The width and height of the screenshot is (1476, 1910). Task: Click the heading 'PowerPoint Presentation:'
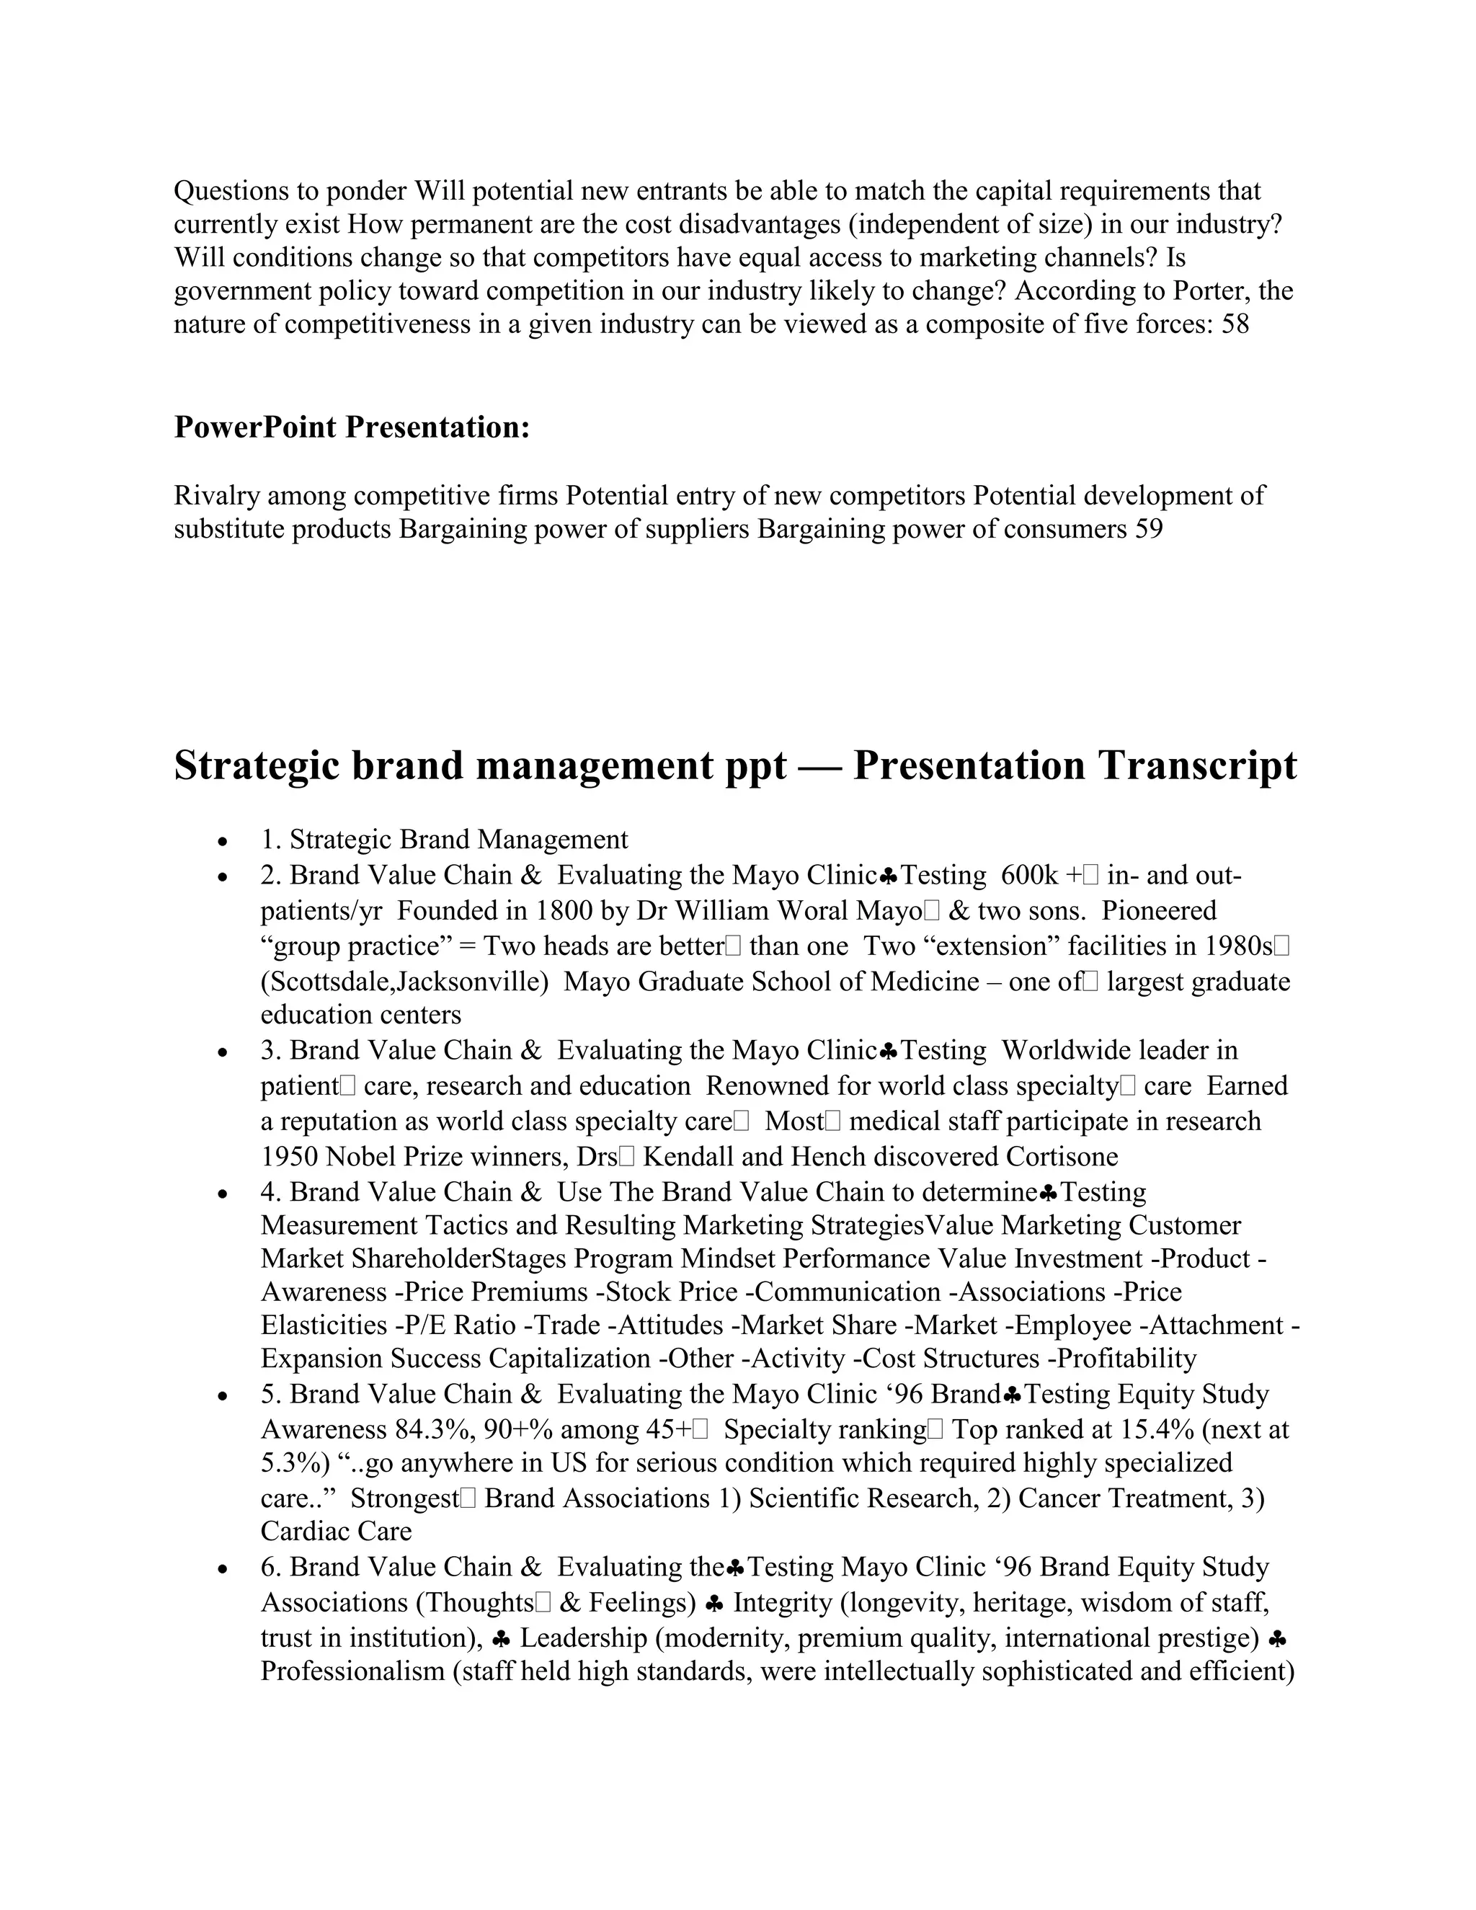pos(352,427)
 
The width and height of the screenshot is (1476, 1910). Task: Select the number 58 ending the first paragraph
pos(1235,324)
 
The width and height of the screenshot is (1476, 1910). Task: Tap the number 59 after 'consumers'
pos(1149,529)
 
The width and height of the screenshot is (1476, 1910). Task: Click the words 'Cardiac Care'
pos(336,1532)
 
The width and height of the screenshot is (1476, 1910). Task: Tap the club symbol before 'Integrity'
pos(713,1603)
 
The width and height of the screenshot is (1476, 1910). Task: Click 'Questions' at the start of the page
pos(229,191)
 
